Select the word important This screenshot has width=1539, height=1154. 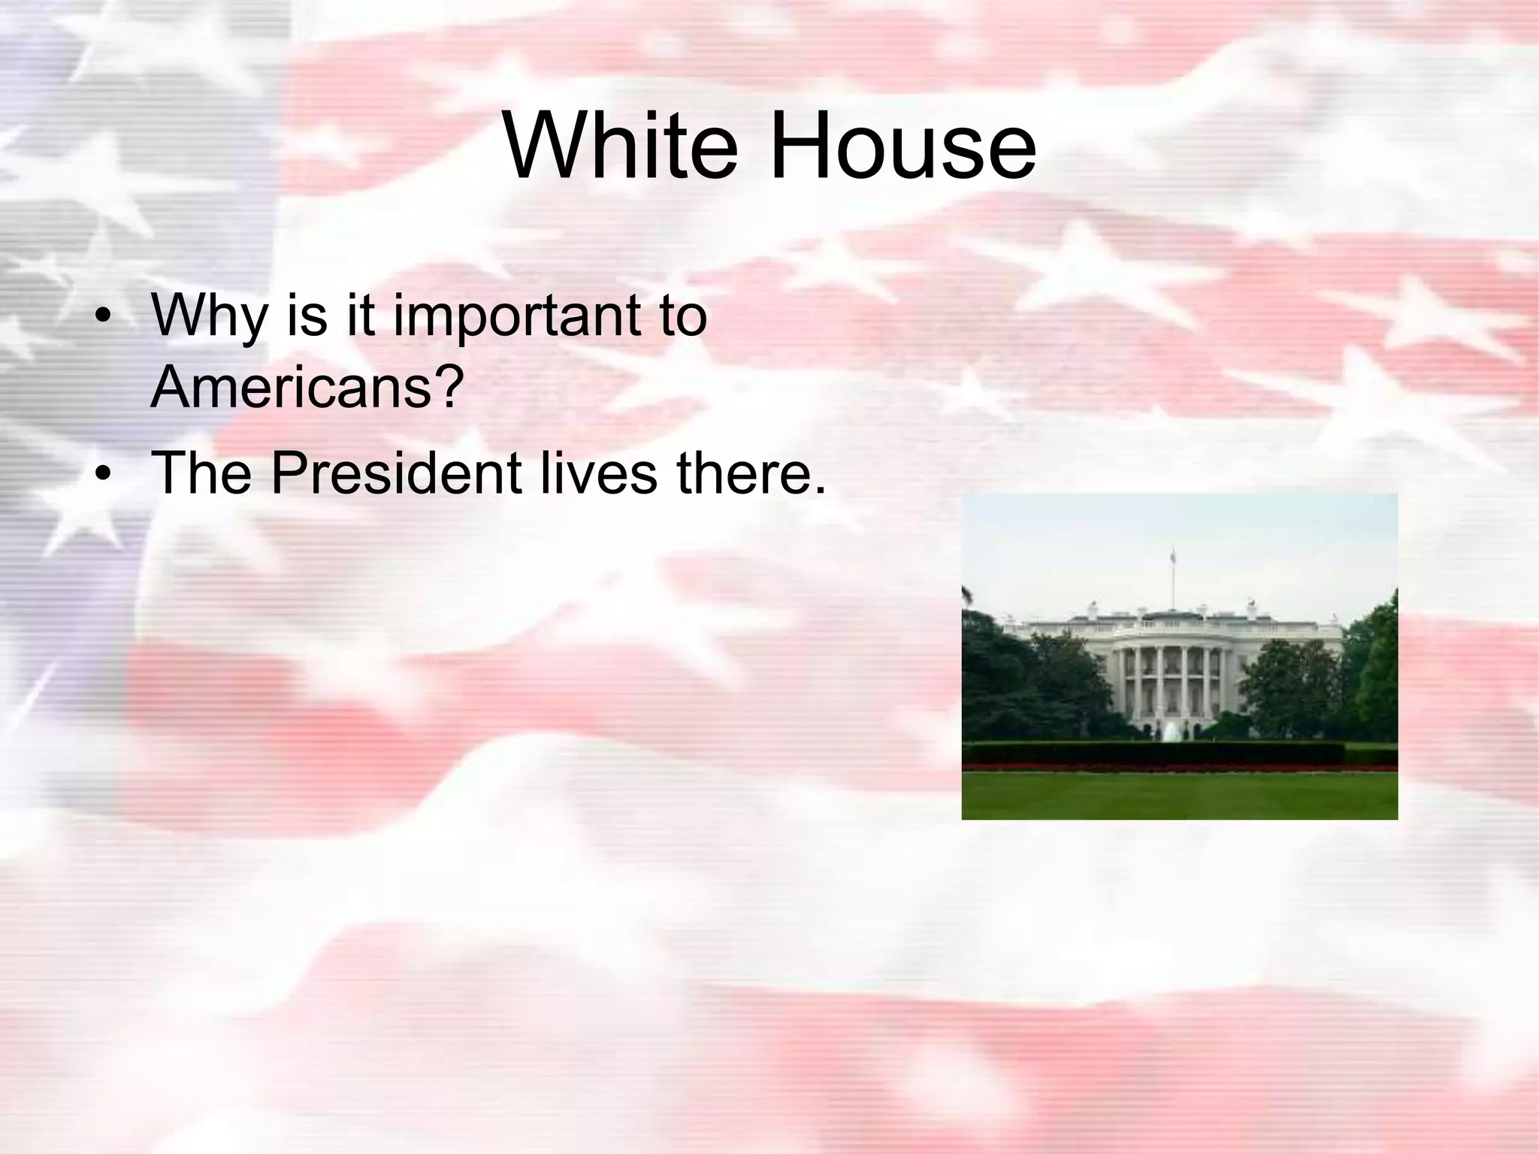518,315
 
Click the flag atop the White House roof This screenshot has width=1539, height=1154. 1172,557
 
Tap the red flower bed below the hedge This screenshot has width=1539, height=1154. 1180,768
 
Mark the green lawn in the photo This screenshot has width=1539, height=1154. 1180,796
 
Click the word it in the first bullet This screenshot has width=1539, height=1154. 360,315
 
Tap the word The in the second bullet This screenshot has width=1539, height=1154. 201,473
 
